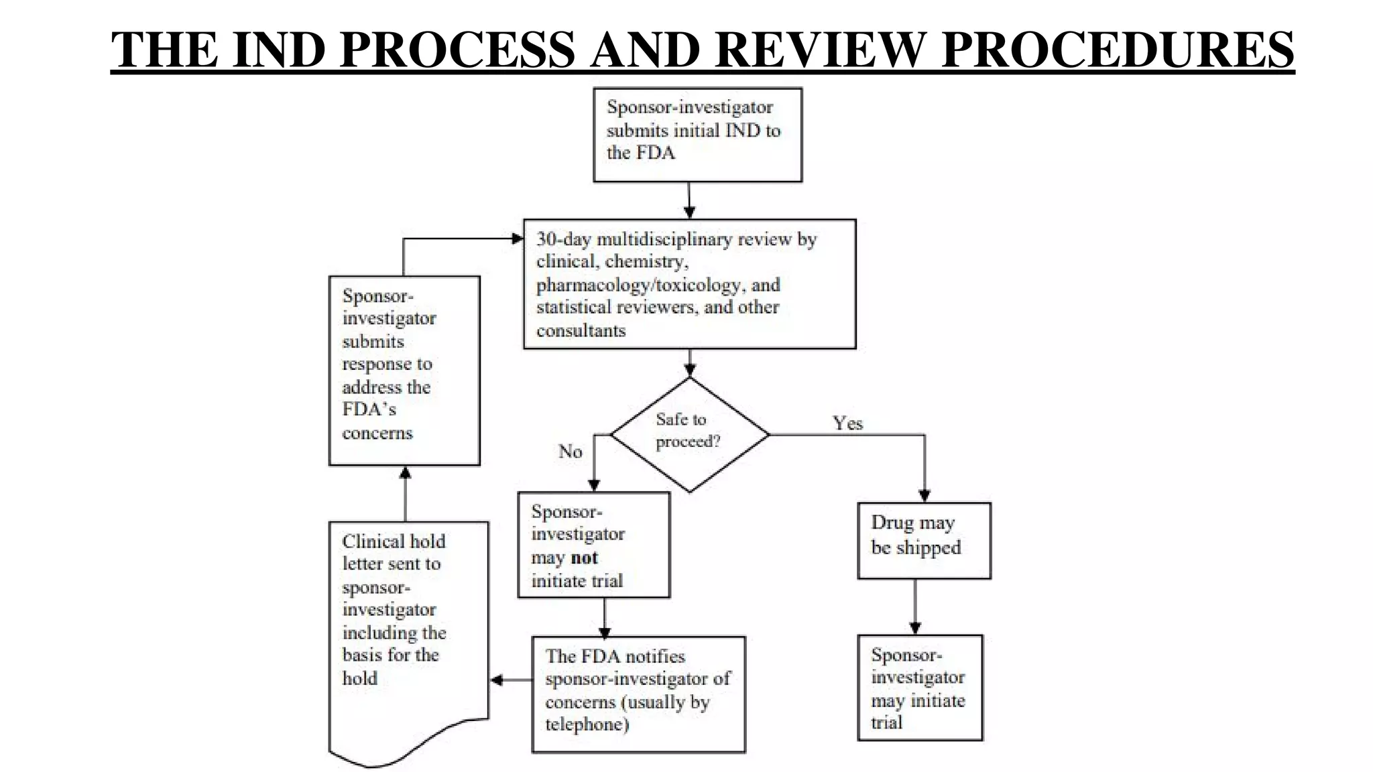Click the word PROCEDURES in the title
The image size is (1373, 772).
tap(1118, 50)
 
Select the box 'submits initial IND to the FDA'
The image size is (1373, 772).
tap(697, 135)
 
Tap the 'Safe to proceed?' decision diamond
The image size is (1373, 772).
tap(689, 434)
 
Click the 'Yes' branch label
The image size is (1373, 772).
tap(847, 423)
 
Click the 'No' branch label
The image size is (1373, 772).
tap(570, 451)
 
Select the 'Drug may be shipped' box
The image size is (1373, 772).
tap(924, 540)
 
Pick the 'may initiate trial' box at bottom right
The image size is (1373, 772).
tap(919, 687)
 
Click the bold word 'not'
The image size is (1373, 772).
tap(584, 558)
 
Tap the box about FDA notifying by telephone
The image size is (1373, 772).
tap(638, 694)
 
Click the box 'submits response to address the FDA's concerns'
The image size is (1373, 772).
tap(404, 370)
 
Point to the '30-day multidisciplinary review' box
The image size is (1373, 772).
tap(689, 283)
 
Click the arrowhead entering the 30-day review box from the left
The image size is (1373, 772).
tap(517, 239)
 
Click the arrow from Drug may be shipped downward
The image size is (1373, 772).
tap(915, 606)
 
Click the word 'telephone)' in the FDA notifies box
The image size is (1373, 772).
tap(587, 724)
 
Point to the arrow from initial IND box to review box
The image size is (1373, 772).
tap(689, 200)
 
